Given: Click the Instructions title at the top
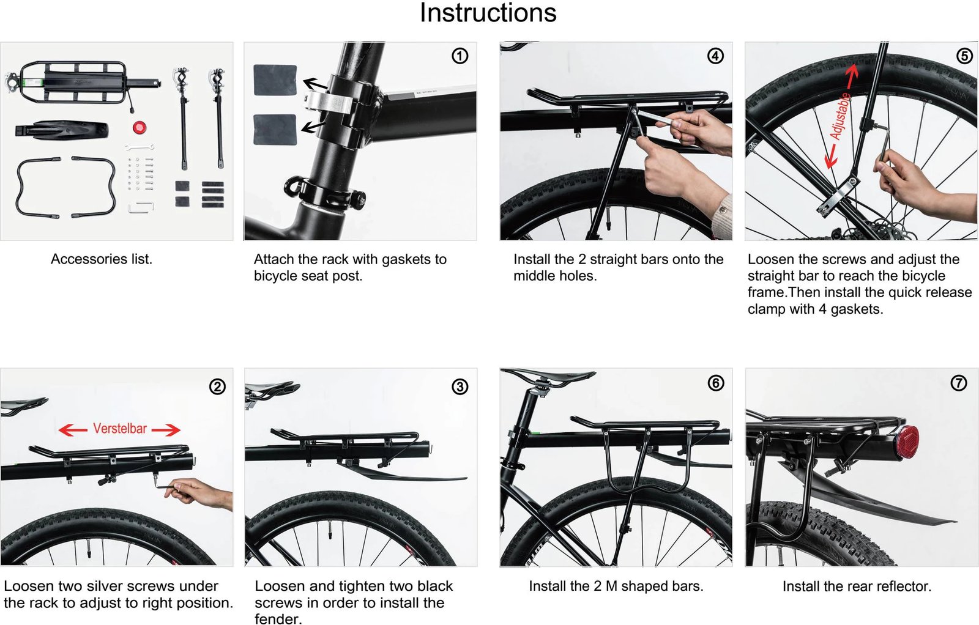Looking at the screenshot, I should click(x=488, y=13).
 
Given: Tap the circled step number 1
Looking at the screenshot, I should click(x=460, y=56).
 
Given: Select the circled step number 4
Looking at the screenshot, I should click(x=715, y=56).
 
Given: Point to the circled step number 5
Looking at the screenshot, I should click(x=964, y=56).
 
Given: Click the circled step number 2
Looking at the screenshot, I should click(x=217, y=386).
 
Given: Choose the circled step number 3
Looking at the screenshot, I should click(x=460, y=386).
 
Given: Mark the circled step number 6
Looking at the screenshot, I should click(x=715, y=383).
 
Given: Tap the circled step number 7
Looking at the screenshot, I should click(x=958, y=383).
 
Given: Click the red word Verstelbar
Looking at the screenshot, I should click(x=120, y=429).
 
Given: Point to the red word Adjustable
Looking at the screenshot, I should click(x=839, y=116).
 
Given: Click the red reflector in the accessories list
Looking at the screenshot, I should click(x=139, y=128).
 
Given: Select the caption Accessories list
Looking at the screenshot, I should click(x=102, y=259).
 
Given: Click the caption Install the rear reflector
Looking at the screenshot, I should click(x=857, y=586).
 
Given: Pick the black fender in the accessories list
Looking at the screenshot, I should click(x=62, y=130).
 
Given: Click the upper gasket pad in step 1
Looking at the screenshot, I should click(x=275, y=80).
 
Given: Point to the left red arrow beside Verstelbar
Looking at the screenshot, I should click(x=72, y=431).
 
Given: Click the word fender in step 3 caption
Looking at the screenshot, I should click(x=277, y=619).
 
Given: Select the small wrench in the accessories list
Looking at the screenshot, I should click(x=139, y=147).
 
